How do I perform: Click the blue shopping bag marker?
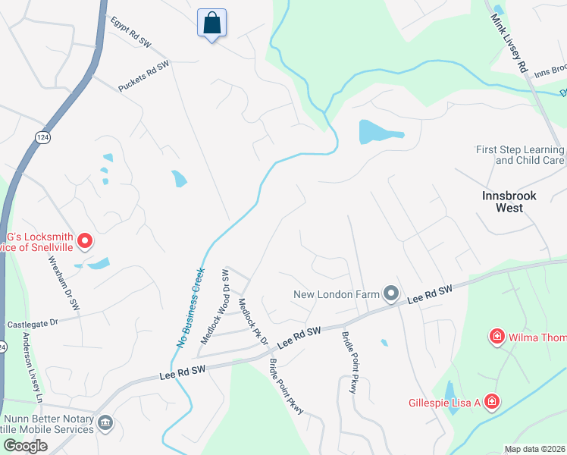pos(211,23)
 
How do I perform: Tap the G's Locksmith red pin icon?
pos(86,241)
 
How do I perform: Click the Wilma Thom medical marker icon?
pos(497,336)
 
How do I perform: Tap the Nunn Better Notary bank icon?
pos(105,422)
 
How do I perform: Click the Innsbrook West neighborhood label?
pos(509,201)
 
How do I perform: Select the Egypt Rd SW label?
pos(130,33)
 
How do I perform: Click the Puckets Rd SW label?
pos(143,77)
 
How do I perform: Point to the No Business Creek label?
pos(191,307)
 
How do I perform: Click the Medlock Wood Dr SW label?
pos(215,306)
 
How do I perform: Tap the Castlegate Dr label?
pos(33,324)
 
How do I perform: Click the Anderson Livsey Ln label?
pos(31,368)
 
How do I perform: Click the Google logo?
pos(25,446)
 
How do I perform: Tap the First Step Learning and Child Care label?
pos(519,155)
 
